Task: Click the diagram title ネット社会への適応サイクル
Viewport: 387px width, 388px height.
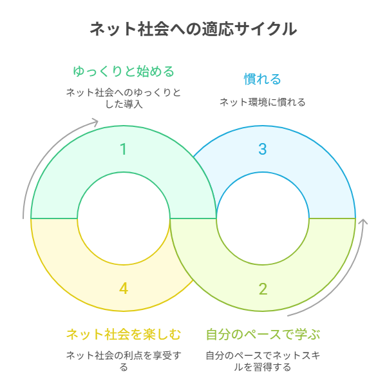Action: pyautogui.click(x=193, y=29)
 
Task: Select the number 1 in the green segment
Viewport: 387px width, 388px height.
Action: pyautogui.click(x=124, y=150)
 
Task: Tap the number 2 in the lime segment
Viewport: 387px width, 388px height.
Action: pyautogui.click(x=263, y=289)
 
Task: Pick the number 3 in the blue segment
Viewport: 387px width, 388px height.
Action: pyautogui.click(x=263, y=150)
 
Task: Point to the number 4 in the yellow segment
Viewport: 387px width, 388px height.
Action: pyautogui.click(x=124, y=289)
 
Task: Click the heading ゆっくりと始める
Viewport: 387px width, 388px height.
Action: pyautogui.click(x=124, y=70)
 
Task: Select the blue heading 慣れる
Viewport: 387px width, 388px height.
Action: pyautogui.click(x=263, y=79)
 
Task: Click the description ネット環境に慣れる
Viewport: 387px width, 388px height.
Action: pyautogui.click(x=263, y=102)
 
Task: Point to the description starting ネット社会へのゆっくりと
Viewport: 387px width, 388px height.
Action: pyautogui.click(x=124, y=97)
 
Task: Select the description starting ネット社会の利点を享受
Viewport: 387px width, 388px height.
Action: pyautogui.click(x=124, y=361)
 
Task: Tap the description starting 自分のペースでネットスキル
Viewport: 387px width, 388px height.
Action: pyautogui.click(x=263, y=361)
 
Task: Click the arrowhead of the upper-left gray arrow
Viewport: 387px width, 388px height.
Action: pyautogui.click(x=95, y=122)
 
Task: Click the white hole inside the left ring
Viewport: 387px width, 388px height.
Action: pyautogui.click(x=124, y=218)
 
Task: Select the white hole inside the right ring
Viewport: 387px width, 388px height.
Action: pyautogui.click(x=263, y=218)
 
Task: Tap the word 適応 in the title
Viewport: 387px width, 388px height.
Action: pyautogui.click(x=220, y=29)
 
